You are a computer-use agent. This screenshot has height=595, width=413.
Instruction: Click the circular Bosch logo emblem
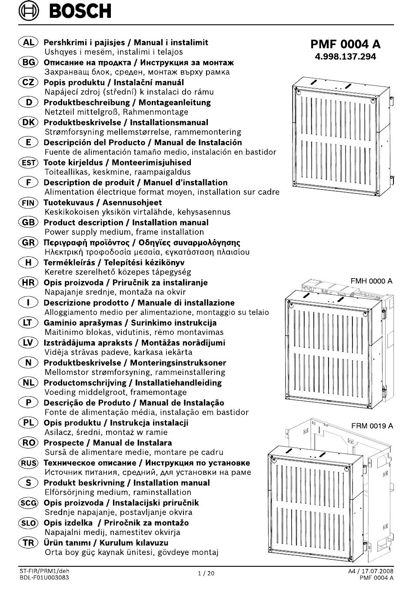pos(29,11)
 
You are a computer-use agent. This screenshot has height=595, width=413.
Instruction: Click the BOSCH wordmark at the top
pos(80,11)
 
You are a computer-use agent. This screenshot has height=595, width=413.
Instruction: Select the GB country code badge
pos(28,222)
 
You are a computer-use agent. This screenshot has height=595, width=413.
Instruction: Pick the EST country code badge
pos(28,162)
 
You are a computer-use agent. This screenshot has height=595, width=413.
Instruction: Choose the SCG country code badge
pos(28,502)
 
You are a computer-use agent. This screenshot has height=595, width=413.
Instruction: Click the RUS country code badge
pos(28,463)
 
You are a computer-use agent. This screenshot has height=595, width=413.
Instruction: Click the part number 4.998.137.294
pos(345,57)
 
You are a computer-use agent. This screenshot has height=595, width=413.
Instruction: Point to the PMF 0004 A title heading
pos(346,44)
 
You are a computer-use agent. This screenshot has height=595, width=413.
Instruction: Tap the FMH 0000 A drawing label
pos(371,281)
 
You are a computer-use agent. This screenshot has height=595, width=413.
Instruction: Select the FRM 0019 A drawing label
pos(372,426)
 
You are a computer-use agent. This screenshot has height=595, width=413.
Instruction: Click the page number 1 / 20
pos(206,573)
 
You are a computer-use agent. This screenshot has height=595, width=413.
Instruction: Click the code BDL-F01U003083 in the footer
pos(44,578)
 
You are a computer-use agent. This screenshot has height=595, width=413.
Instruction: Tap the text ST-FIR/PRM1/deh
pos(44,571)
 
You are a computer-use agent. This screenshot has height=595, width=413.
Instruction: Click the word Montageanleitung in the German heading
pos(175,102)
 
